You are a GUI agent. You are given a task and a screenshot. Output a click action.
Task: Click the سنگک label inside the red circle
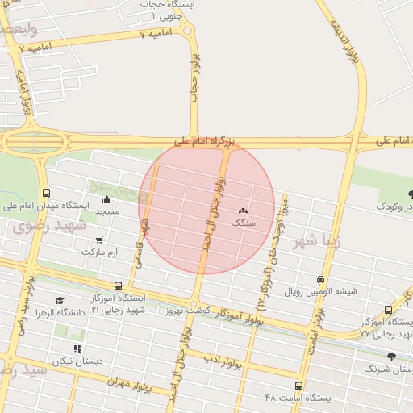[x=243, y=221]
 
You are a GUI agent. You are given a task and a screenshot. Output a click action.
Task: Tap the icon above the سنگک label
[x=243, y=210]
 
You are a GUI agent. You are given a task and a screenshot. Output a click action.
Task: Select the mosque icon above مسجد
[x=106, y=200]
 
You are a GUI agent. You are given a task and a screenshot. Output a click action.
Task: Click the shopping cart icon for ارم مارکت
[x=98, y=240]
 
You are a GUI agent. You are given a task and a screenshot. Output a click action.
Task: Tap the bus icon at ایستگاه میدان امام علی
[x=46, y=194]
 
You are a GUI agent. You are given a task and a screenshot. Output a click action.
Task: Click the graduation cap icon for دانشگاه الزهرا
[x=60, y=300]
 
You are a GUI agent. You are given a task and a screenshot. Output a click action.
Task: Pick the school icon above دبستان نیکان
[x=77, y=348]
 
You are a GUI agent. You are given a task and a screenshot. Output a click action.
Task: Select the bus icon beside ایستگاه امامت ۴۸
[x=299, y=386]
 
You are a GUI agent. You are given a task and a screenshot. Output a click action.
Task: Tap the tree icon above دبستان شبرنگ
[x=391, y=356]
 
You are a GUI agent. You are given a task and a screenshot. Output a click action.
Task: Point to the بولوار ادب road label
[x=223, y=356]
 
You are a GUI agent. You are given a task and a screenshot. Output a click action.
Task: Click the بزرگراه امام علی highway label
[x=205, y=142]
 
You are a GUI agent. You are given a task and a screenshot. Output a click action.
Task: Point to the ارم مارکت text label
[x=99, y=252]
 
